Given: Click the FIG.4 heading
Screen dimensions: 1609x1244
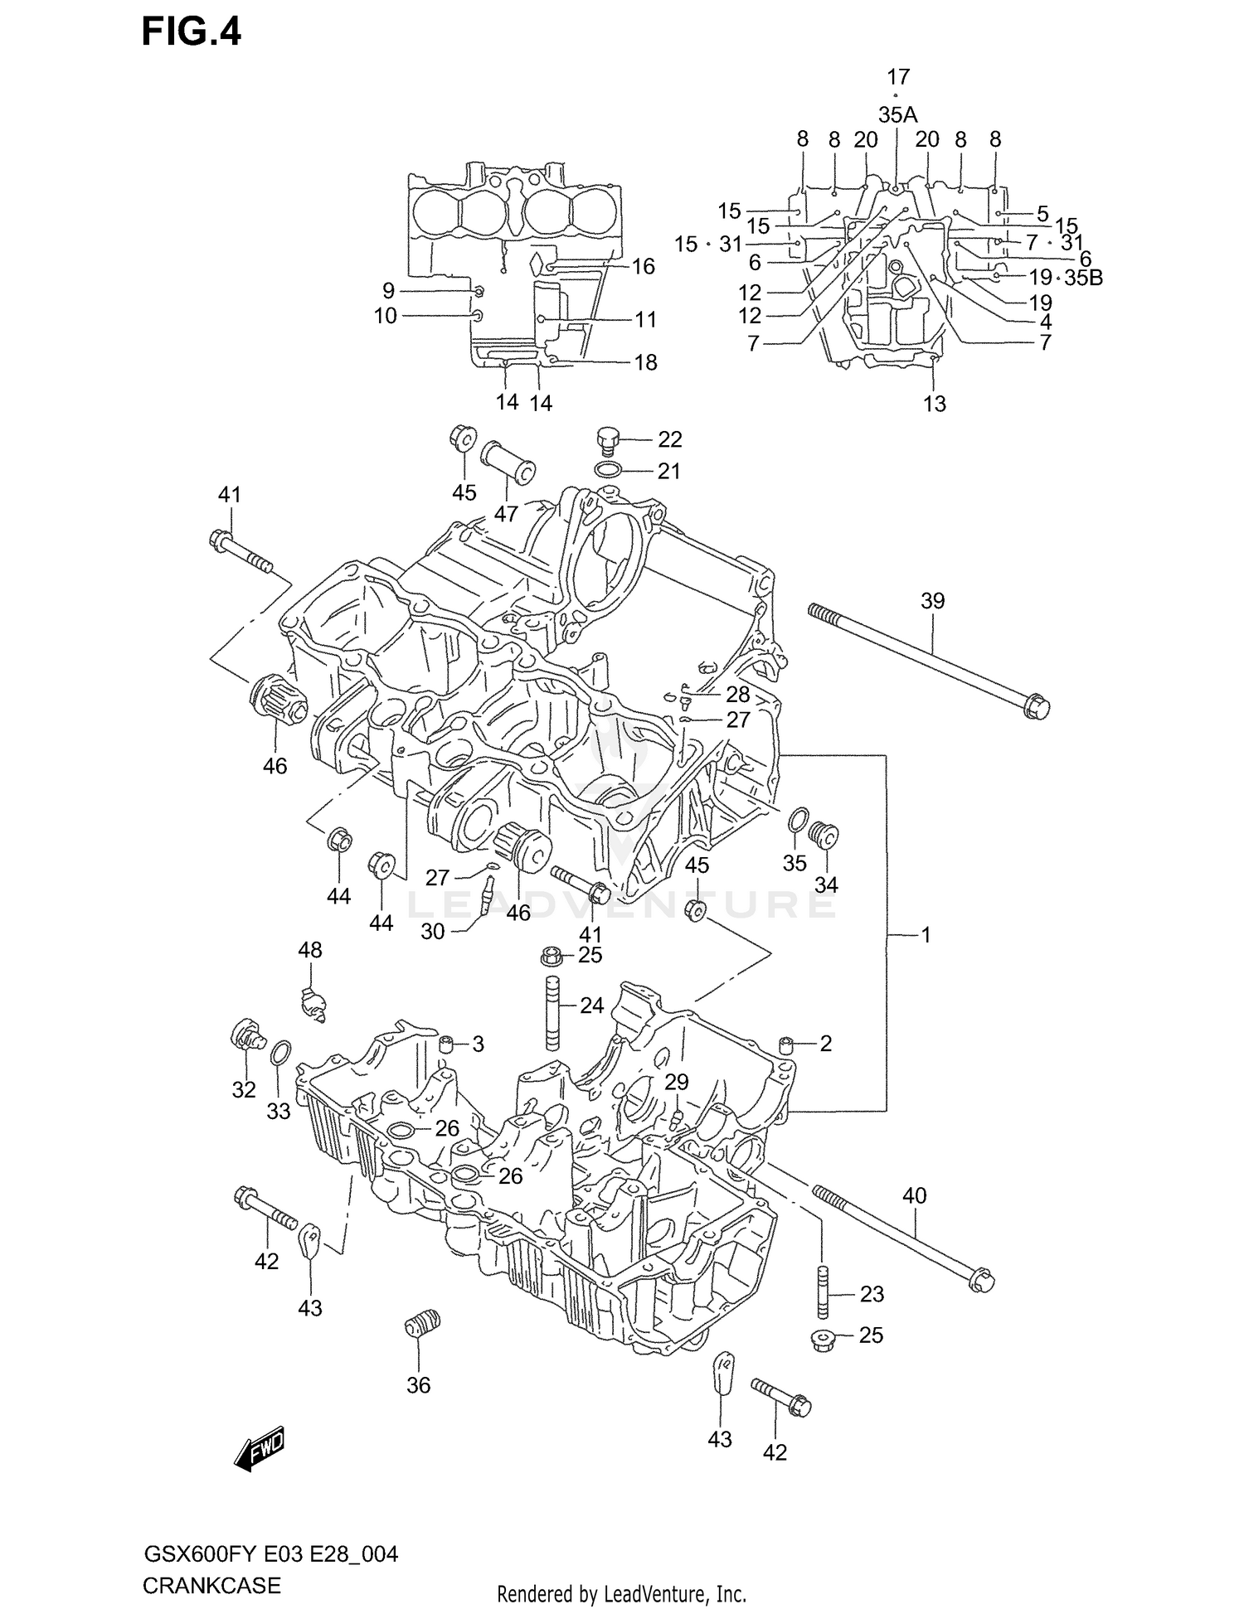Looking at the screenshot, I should pos(192,32).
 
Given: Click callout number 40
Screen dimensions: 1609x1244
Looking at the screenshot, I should pos(914,1195).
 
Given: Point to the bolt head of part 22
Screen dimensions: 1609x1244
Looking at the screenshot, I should pos(608,437).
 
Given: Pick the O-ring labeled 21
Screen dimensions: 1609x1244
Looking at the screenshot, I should pos(610,471).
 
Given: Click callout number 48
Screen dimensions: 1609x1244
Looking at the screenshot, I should pos(310,950).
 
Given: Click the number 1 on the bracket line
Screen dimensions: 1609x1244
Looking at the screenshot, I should pos(926,935).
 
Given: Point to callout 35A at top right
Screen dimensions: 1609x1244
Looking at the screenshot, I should pos(897,115).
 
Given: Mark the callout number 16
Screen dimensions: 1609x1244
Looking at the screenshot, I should pos(644,266).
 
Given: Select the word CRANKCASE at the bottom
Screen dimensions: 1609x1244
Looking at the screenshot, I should pos(211,1587).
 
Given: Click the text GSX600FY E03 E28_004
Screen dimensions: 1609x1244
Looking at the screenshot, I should pos(271,1554).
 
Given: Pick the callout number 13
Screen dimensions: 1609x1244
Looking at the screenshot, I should pos(935,404).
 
